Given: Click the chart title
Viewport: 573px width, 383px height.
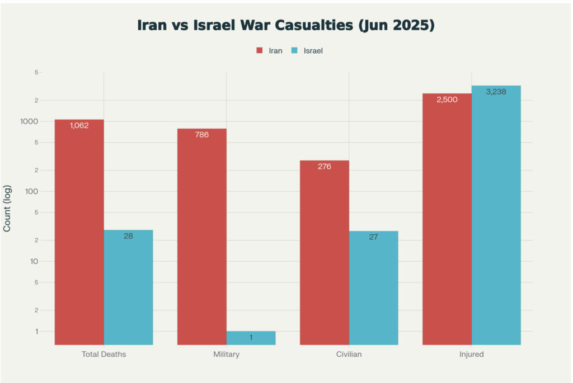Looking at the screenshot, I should (x=286, y=26).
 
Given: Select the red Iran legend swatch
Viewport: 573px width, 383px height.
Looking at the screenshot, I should (x=260, y=50).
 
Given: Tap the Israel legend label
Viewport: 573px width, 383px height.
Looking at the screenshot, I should (x=313, y=50).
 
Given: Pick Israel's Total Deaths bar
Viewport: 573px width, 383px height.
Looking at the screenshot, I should (x=128, y=287).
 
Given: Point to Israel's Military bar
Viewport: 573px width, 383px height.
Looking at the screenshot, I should (x=251, y=338).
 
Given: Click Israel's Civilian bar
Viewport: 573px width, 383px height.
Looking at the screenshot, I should (x=373, y=288).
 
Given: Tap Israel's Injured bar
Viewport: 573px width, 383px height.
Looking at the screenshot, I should (x=496, y=215).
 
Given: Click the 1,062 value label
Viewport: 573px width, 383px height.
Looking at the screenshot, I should (x=79, y=125).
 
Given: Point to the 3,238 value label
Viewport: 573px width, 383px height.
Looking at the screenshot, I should (x=496, y=92).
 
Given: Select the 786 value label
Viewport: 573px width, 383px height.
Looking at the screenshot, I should (x=202, y=134).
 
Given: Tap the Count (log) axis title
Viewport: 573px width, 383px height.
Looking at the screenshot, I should (x=7, y=208).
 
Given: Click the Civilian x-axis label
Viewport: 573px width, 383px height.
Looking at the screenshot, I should (x=349, y=354).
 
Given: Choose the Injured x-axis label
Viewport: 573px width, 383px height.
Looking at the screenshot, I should (x=472, y=354).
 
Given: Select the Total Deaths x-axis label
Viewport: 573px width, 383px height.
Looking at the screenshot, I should (x=104, y=354).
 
